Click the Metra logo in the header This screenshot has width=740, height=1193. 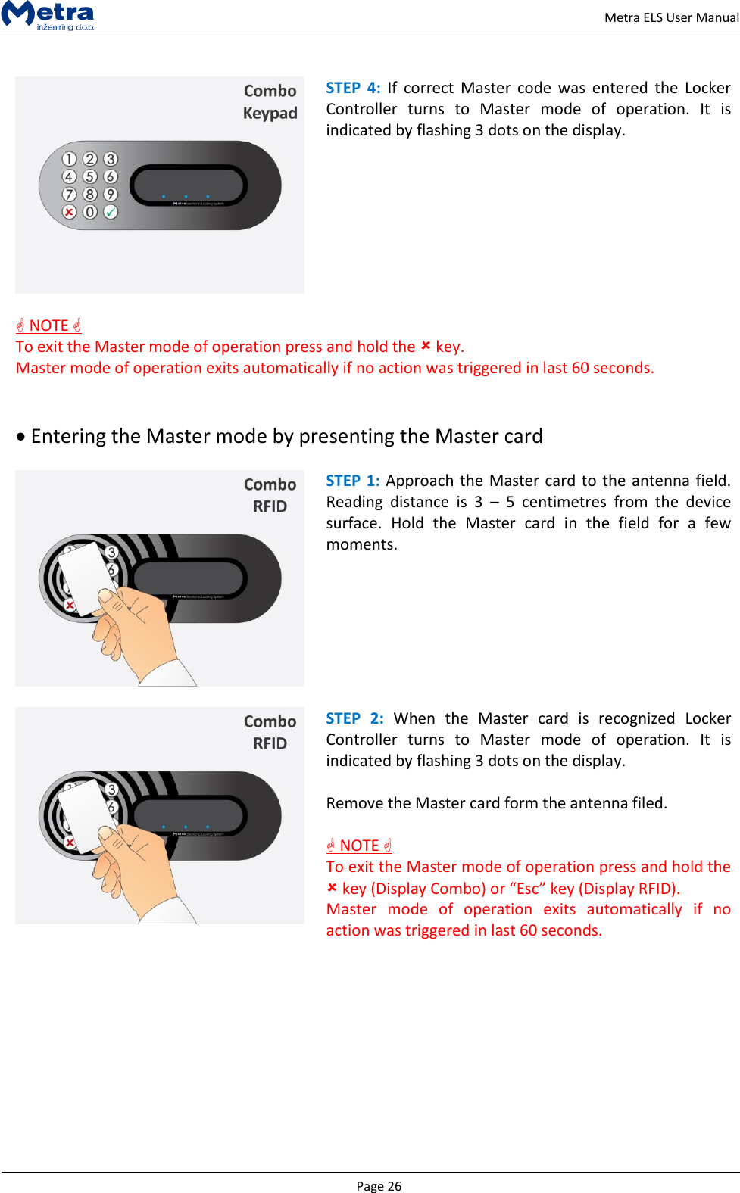[x=48, y=15]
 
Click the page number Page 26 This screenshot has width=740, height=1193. [x=379, y=1185]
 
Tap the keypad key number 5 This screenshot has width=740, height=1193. [x=89, y=176]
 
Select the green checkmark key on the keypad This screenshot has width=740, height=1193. [x=111, y=212]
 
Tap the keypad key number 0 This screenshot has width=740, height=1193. [x=89, y=212]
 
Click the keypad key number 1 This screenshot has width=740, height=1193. [x=69, y=159]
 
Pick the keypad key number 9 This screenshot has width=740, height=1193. [x=111, y=195]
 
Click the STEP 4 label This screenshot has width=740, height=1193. [x=353, y=88]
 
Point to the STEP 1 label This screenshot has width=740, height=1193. [x=353, y=481]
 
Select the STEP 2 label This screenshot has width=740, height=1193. [x=354, y=718]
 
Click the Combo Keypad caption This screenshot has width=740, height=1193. [x=270, y=101]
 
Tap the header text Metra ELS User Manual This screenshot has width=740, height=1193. [x=671, y=17]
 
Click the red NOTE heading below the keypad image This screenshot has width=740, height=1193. [x=48, y=326]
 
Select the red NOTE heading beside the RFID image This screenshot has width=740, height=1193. [x=359, y=846]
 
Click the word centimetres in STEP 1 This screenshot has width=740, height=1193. [x=564, y=502]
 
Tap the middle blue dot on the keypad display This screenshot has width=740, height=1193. [x=186, y=196]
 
